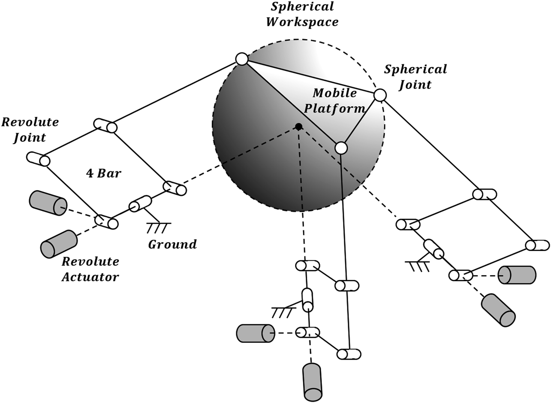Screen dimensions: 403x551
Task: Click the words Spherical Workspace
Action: point(302,14)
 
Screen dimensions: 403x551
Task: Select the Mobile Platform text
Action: point(335,100)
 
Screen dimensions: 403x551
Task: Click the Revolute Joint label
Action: point(30,130)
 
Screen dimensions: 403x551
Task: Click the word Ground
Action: point(172,244)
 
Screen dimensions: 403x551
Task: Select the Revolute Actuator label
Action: point(90,269)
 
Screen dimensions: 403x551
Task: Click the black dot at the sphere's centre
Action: point(299,126)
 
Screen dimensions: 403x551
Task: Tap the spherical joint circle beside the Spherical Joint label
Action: point(380,95)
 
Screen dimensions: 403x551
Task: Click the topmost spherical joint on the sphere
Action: point(242,59)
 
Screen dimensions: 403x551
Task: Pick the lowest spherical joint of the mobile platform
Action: point(341,148)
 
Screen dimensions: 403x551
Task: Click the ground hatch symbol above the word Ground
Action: point(158,226)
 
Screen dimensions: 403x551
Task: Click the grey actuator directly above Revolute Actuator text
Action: point(59,243)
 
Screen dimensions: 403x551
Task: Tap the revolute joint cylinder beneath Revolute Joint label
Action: point(38,159)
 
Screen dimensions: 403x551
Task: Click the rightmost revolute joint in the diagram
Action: point(538,245)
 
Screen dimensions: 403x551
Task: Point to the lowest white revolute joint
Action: point(348,354)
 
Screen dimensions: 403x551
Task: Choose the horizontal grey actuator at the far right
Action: point(517,275)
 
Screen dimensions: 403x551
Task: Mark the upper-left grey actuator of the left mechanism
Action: point(48,203)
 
